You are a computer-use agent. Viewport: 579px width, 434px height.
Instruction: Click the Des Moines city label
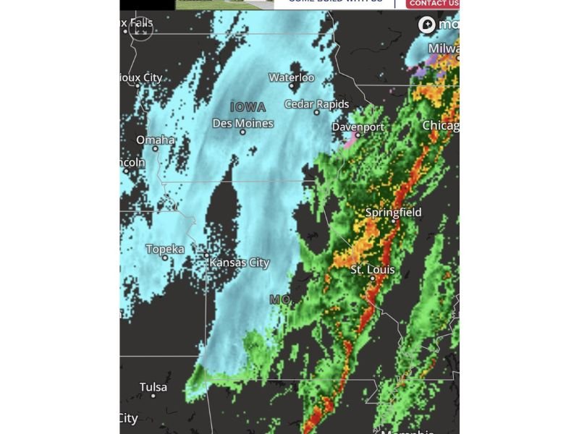(x=243, y=124)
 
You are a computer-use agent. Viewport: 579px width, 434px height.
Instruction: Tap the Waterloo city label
(x=292, y=77)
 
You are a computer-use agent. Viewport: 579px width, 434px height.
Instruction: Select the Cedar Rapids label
(x=316, y=104)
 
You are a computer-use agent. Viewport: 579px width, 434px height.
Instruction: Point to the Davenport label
(x=358, y=127)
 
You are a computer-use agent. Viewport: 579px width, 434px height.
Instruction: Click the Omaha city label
(x=156, y=140)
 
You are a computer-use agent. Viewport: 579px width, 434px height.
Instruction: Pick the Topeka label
(x=165, y=249)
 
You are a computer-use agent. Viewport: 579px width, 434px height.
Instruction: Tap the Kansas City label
(x=240, y=263)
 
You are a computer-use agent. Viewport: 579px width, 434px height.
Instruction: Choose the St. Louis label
(x=373, y=270)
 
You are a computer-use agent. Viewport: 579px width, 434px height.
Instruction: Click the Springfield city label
(x=393, y=213)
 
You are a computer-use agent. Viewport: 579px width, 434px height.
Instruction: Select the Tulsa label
(x=153, y=387)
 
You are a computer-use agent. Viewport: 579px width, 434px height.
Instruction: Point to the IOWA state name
(x=248, y=106)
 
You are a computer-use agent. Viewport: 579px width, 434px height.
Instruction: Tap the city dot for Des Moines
(x=242, y=132)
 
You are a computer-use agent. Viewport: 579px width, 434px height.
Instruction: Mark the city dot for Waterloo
(x=292, y=86)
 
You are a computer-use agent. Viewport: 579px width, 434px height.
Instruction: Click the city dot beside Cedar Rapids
(x=316, y=113)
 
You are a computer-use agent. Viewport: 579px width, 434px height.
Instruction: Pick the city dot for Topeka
(x=165, y=258)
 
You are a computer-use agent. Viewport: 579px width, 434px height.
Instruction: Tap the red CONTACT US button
(x=433, y=4)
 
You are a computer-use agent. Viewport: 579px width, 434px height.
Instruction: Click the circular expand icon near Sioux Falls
(x=141, y=30)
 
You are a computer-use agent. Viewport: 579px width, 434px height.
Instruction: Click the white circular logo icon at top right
(x=427, y=25)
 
